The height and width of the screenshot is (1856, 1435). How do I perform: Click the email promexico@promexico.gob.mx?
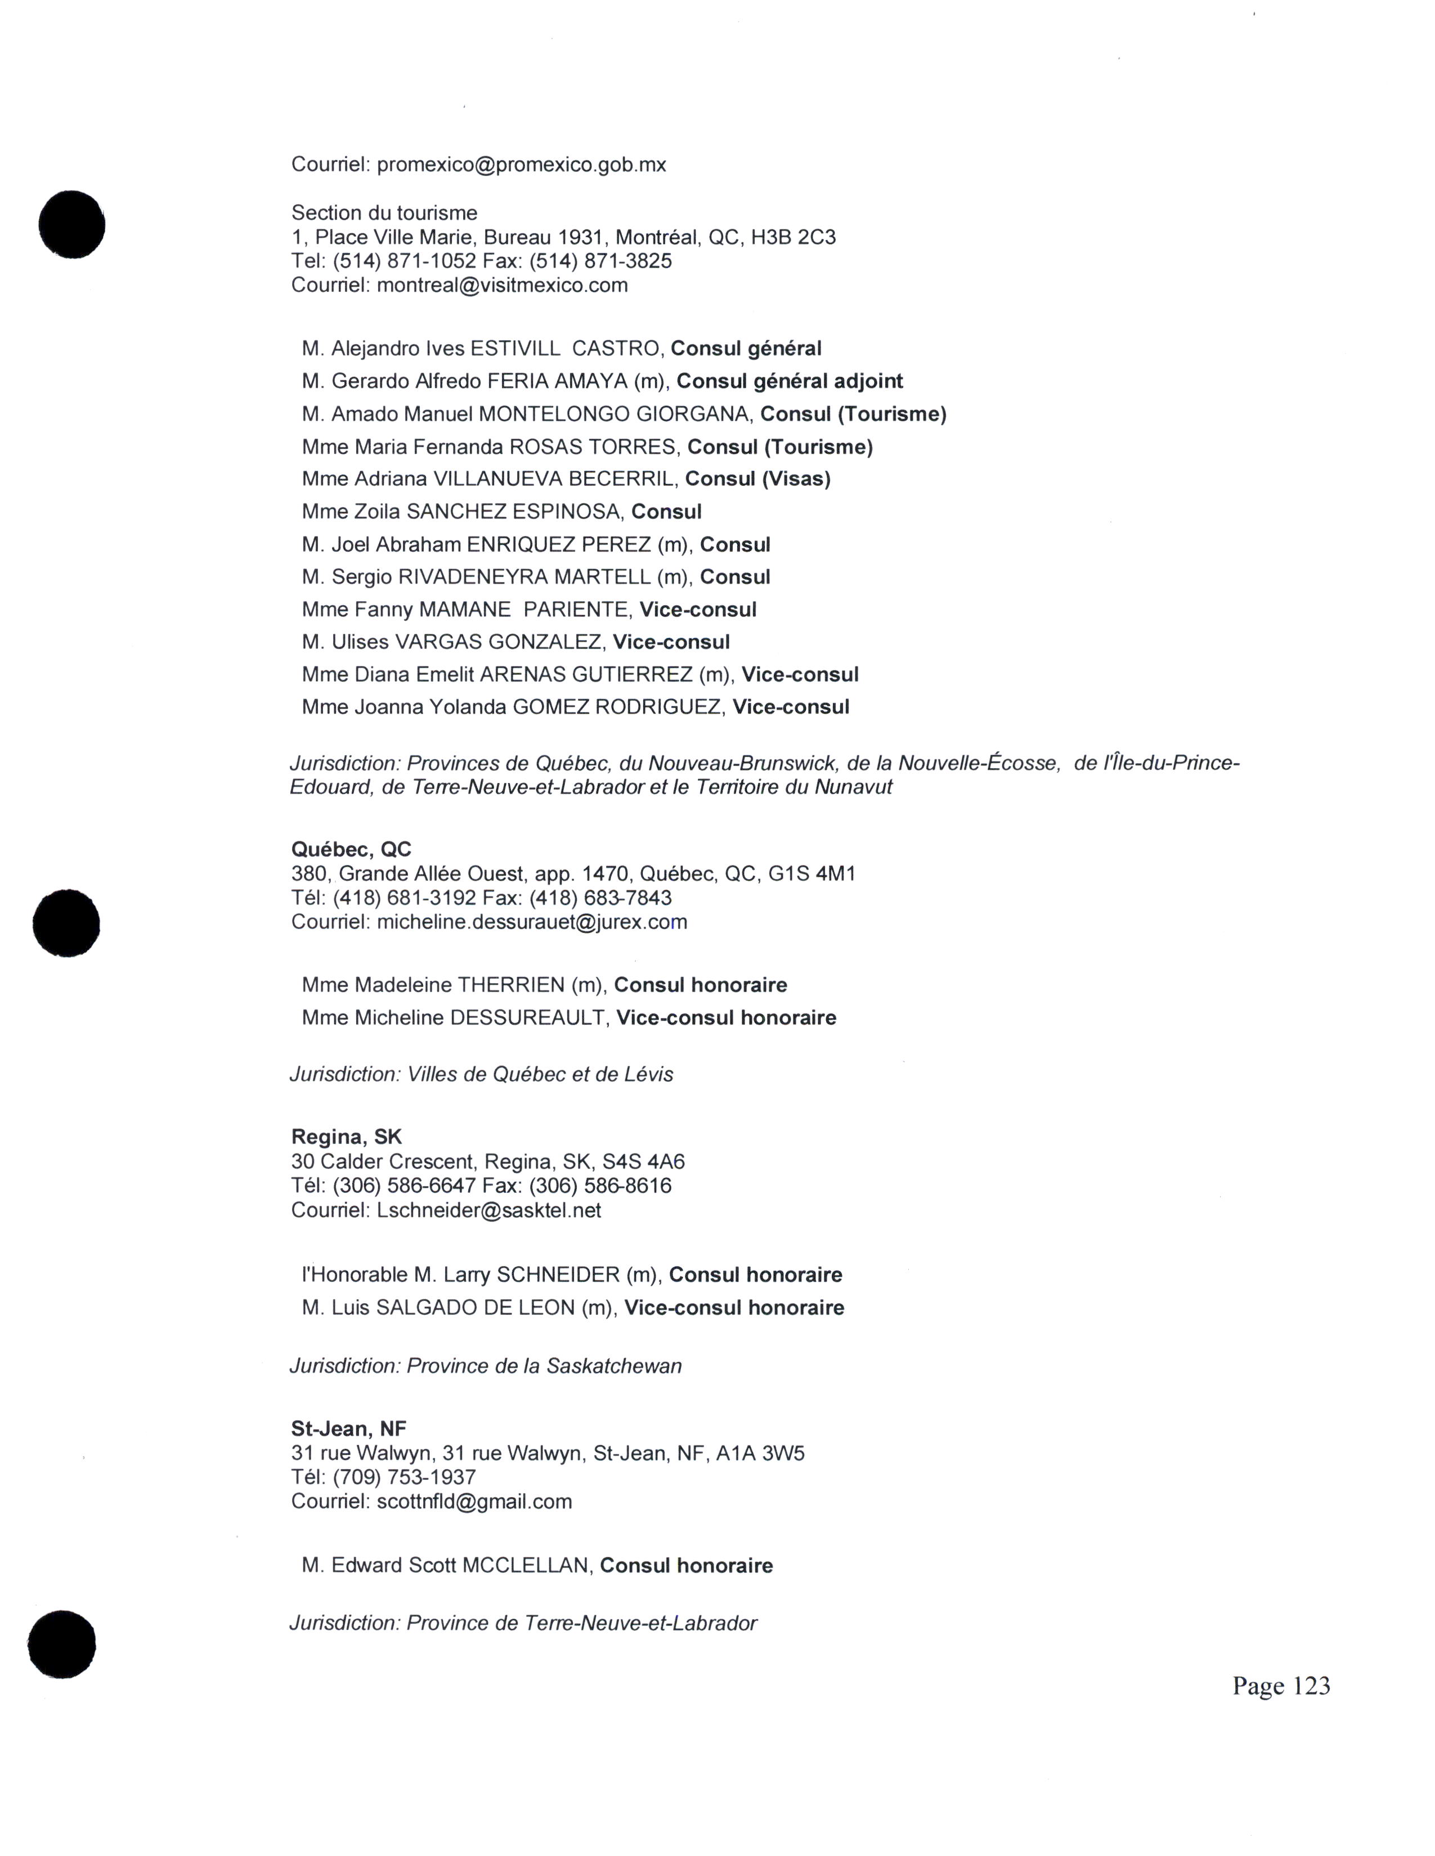pyautogui.click(x=521, y=165)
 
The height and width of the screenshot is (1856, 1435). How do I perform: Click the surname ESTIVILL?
pyautogui.click(x=515, y=349)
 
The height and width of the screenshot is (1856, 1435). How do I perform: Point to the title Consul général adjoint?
pyautogui.click(x=790, y=381)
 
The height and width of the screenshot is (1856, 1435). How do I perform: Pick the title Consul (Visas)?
pyautogui.click(x=757, y=479)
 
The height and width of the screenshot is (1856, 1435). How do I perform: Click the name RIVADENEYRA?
pyautogui.click(x=473, y=577)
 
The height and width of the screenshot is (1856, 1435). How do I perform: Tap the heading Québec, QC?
pyautogui.click(x=351, y=849)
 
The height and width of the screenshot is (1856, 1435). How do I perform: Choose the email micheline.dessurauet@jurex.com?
pyautogui.click(x=531, y=922)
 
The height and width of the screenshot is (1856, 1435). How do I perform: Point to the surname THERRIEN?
pyautogui.click(x=511, y=985)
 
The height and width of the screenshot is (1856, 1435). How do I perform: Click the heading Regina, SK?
pyautogui.click(x=346, y=1137)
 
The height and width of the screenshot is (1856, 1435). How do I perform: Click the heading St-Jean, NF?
pyautogui.click(x=348, y=1429)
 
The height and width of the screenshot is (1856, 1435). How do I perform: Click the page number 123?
pyautogui.click(x=1312, y=1686)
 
